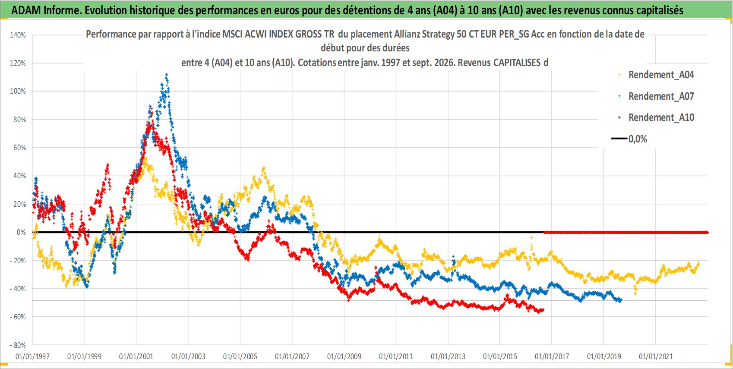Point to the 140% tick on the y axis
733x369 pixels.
pos(18,35)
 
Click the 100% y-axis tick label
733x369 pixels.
pos(18,91)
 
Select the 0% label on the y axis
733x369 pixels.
pos(21,232)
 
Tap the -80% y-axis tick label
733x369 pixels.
pos(18,345)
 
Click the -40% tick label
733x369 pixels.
pos(18,289)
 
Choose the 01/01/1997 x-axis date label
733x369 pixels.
pos(32,356)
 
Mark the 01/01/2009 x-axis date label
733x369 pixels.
pos(344,356)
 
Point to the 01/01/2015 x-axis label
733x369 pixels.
pos(500,356)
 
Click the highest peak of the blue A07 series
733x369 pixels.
pos(167,75)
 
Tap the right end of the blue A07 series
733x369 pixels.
pos(621,300)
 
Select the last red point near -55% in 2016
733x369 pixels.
pos(543,310)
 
